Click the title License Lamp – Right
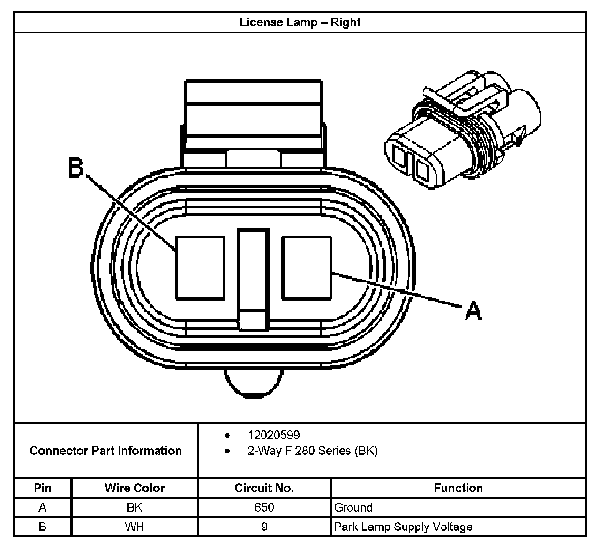[300, 22]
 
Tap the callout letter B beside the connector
[76, 168]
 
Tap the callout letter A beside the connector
[473, 311]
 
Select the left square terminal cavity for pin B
[200, 267]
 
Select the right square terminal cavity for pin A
[307, 267]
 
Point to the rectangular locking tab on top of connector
[254, 112]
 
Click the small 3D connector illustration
[462, 129]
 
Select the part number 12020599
[274, 435]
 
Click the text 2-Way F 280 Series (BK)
[312, 451]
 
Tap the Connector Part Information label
[105, 451]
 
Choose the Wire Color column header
[135, 488]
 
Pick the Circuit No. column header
[264, 488]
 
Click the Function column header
[458, 488]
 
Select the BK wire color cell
[135, 507]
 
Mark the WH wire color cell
[135, 527]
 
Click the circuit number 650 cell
[264, 507]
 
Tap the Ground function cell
[353, 507]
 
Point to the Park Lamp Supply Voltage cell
[403, 527]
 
